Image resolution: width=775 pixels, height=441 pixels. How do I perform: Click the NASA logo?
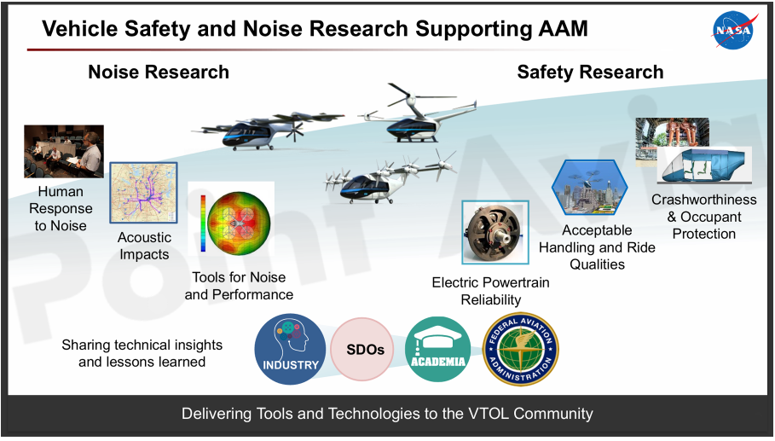pos(733,30)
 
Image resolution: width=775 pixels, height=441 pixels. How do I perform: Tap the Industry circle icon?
pos(290,349)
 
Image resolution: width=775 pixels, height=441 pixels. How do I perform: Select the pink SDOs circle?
pos(362,349)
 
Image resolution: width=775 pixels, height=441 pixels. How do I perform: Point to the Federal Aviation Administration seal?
pos(520,349)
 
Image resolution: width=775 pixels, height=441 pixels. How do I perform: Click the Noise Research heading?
pos(159,73)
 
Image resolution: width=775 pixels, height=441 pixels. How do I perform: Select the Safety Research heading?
pos(590,73)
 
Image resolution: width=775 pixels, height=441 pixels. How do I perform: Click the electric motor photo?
pos(495,232)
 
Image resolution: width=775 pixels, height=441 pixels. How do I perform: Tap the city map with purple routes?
pos(143,193)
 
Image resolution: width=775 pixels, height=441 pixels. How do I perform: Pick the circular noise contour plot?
pos(239,223)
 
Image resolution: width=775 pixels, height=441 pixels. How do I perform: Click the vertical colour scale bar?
pos(203,223)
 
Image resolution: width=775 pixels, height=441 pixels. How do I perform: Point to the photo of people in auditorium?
pos(64,151)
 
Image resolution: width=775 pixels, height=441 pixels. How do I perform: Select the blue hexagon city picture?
pos(589,188)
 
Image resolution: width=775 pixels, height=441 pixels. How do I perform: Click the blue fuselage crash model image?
pos(704,165)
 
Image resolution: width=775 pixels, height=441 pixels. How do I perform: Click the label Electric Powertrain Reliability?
pos(491,291)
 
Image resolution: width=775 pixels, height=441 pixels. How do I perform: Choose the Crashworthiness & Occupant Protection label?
pos(704,217)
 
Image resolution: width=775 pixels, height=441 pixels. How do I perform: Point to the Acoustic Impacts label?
pos(144,246)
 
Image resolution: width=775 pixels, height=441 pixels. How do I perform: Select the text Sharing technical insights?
pos(142,345)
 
